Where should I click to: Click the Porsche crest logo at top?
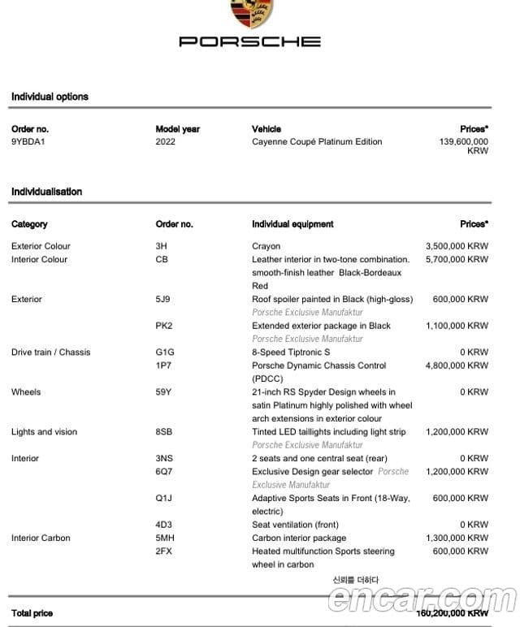pyautogui.click(x=250, y=12)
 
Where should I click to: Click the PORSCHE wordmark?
pyautogui.click(x=250, y=41)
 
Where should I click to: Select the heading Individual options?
pyautogui.click(x=50, y=97)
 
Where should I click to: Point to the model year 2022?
pyautogui.click(x=165, y=141)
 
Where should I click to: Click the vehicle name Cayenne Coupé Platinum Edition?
pyautogui.click(x=316, y=141)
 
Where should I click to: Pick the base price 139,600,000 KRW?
pyautogui.click(x=464, y=145)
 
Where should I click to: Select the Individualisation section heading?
pyautogui.click(x=46, y=192)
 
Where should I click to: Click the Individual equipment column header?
pyautogui.click(x=292, y=224)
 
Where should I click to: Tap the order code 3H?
pyautogui.click(x=161, y=246)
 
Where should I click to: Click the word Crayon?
pyautogui.click(x=266, y=246)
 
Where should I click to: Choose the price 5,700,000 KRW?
pyautogui.click(x=457, y=259)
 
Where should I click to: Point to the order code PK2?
pyautogui.click(x=163, y=326)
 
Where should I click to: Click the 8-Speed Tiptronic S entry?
pyautogui.click(x=291, y=352)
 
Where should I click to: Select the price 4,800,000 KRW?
pyautogui.click(x=457, y=365)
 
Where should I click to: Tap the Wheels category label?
pyautogui.click(x=26, y=392)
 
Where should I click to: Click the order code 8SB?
pyautogui.click(x=163, y=432)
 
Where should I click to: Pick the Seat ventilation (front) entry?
pyautogui.click(x=295, y=525)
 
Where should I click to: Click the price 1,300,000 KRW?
pyautogui.click(x=457, y=538)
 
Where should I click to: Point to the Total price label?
pyautogui.click(x=32, y=613)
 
